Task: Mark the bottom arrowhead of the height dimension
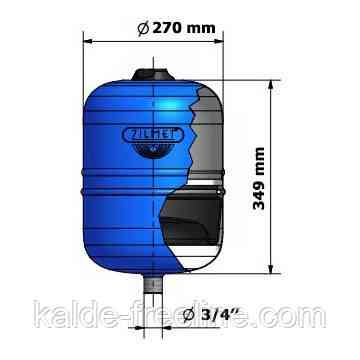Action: [271, 267]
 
